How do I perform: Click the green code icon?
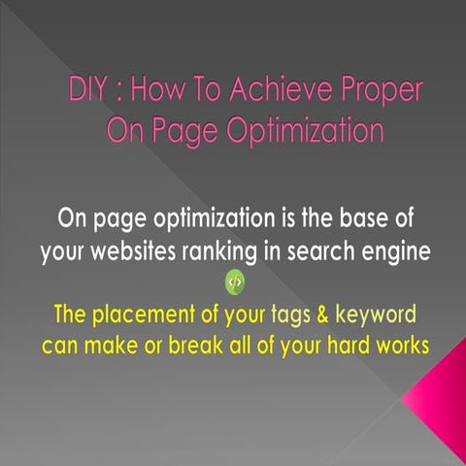tap(233, 283)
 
